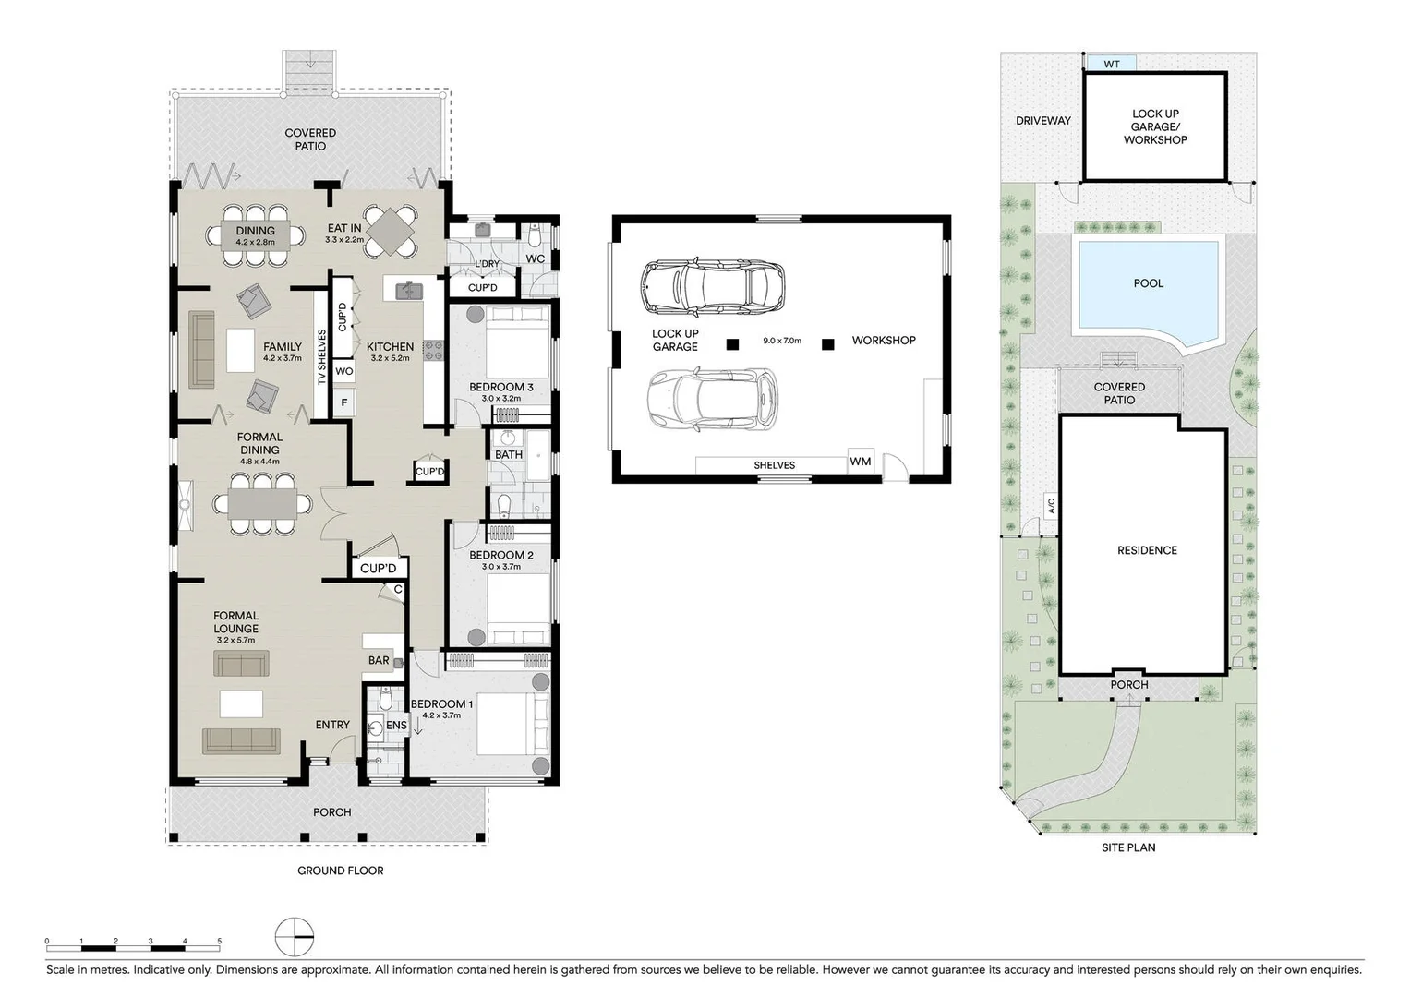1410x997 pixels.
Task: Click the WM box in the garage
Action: click(x=861, y=462)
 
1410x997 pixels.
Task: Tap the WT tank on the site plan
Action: click(x=1111, y=64)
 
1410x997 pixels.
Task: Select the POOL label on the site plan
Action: click(x=1148, y=283)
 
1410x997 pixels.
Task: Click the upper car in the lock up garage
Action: click(x=713, y=286)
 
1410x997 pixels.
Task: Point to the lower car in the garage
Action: click(x=712, y=399)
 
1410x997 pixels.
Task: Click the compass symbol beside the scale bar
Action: click(x=295, y=938)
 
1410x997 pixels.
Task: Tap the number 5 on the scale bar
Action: click(x=219, y=942)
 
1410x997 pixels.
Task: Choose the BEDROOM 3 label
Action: click(x=500, y=387)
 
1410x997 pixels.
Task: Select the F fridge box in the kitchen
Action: click(x=344, y=402)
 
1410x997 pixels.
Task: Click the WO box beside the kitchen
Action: click(x=343, y=371)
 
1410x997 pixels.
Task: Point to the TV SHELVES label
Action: click(x=321, y=357)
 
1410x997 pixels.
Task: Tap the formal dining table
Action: click(x=263, y=504)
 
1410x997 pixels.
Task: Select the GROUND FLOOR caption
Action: click(x=340, y=871)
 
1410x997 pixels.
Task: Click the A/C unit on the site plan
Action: click(x=1051, y=506)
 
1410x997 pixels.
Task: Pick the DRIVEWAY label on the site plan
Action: click(x=1042, y=121)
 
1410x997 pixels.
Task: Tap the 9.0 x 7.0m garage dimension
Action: click(x=781, y=341)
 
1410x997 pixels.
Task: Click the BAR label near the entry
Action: click(x=379, y=661)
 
